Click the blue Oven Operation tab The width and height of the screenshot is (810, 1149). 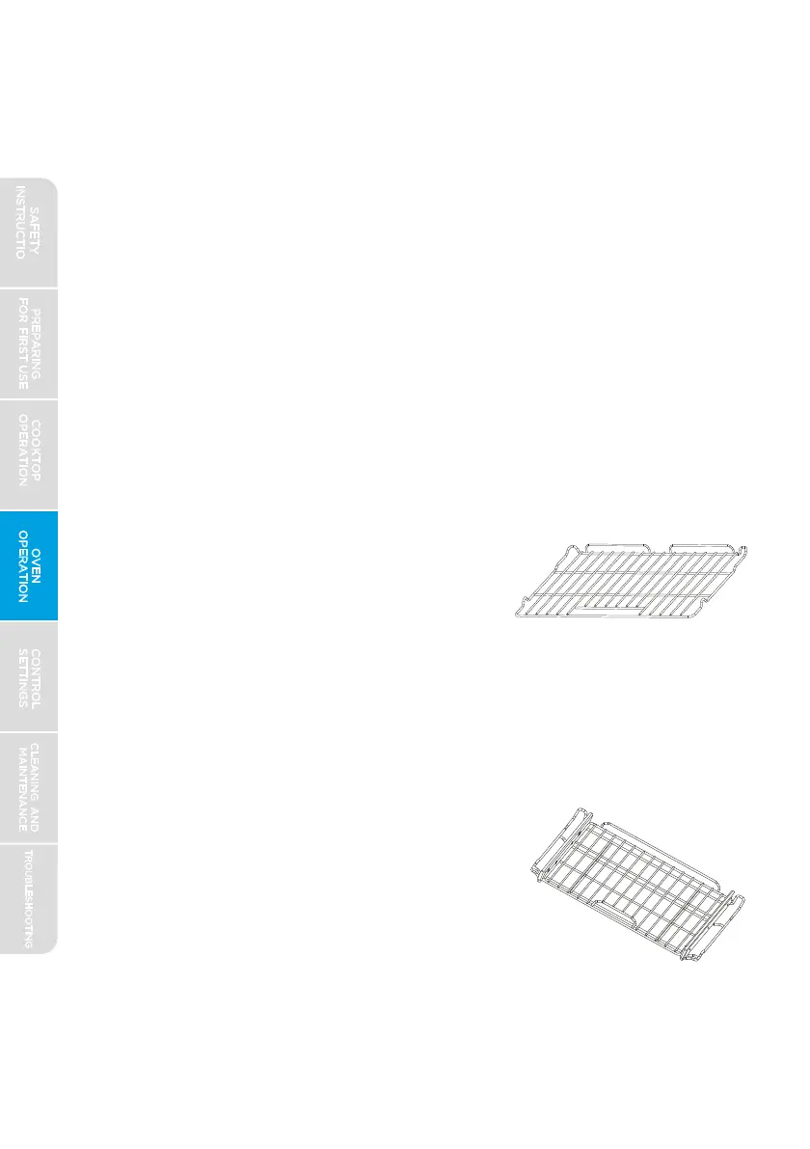tap(29, 565)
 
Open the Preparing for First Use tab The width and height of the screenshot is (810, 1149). tap(29, 343)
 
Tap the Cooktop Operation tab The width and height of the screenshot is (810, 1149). tap(29, 454)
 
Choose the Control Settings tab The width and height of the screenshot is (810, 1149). tap(29, 676)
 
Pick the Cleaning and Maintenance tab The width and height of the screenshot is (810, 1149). tap(29, 787)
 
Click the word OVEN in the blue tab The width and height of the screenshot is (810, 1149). tap(36, 565)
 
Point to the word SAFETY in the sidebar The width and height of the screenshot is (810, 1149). tap(36, 232)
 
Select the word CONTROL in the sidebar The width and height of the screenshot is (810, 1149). tap(36, 676)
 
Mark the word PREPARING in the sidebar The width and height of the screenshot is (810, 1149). tap(36, 343)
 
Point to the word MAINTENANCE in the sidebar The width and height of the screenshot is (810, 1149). tap(20, 787)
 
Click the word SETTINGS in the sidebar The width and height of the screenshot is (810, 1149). tap(21, 676)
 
